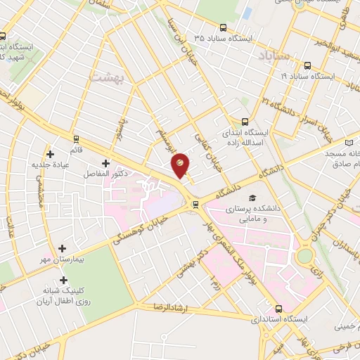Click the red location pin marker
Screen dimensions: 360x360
pyautogui.click(x=181, y=164)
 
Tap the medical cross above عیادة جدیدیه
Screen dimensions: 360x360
pyautogui.click(x=49, y=154)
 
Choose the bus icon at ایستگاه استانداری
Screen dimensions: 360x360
pyautogui.click(x=279, y=308)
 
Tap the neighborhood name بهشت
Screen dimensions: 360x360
pyautogui.click(x=107, y=77)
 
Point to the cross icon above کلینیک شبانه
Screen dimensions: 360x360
pyautogui.click(x=63, y=281)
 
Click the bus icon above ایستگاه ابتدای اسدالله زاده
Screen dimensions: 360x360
pyautogui.click(x=245, y=120)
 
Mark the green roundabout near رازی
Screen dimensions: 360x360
pyautogui.click(x=304, y=256)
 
